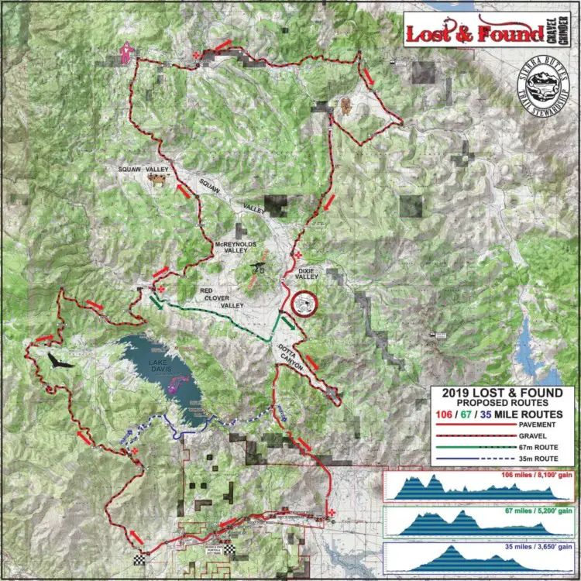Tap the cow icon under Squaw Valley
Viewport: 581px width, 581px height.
click(157, 180)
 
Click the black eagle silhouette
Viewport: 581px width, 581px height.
click(58, 362)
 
